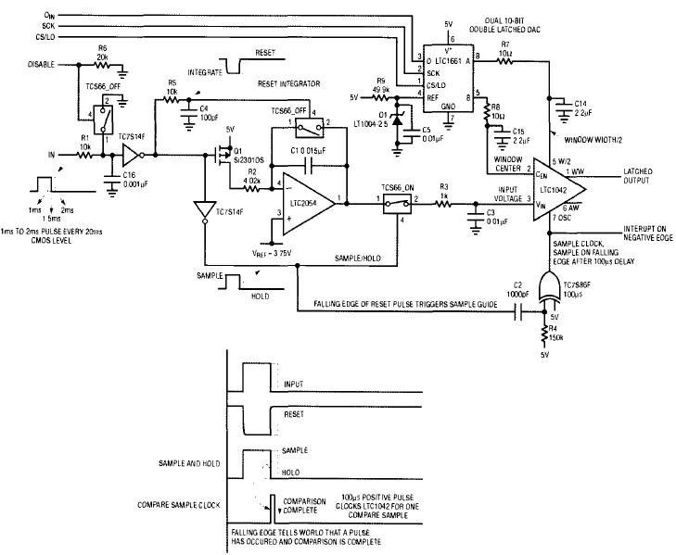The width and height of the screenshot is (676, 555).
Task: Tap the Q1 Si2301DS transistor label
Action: (249, 157)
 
